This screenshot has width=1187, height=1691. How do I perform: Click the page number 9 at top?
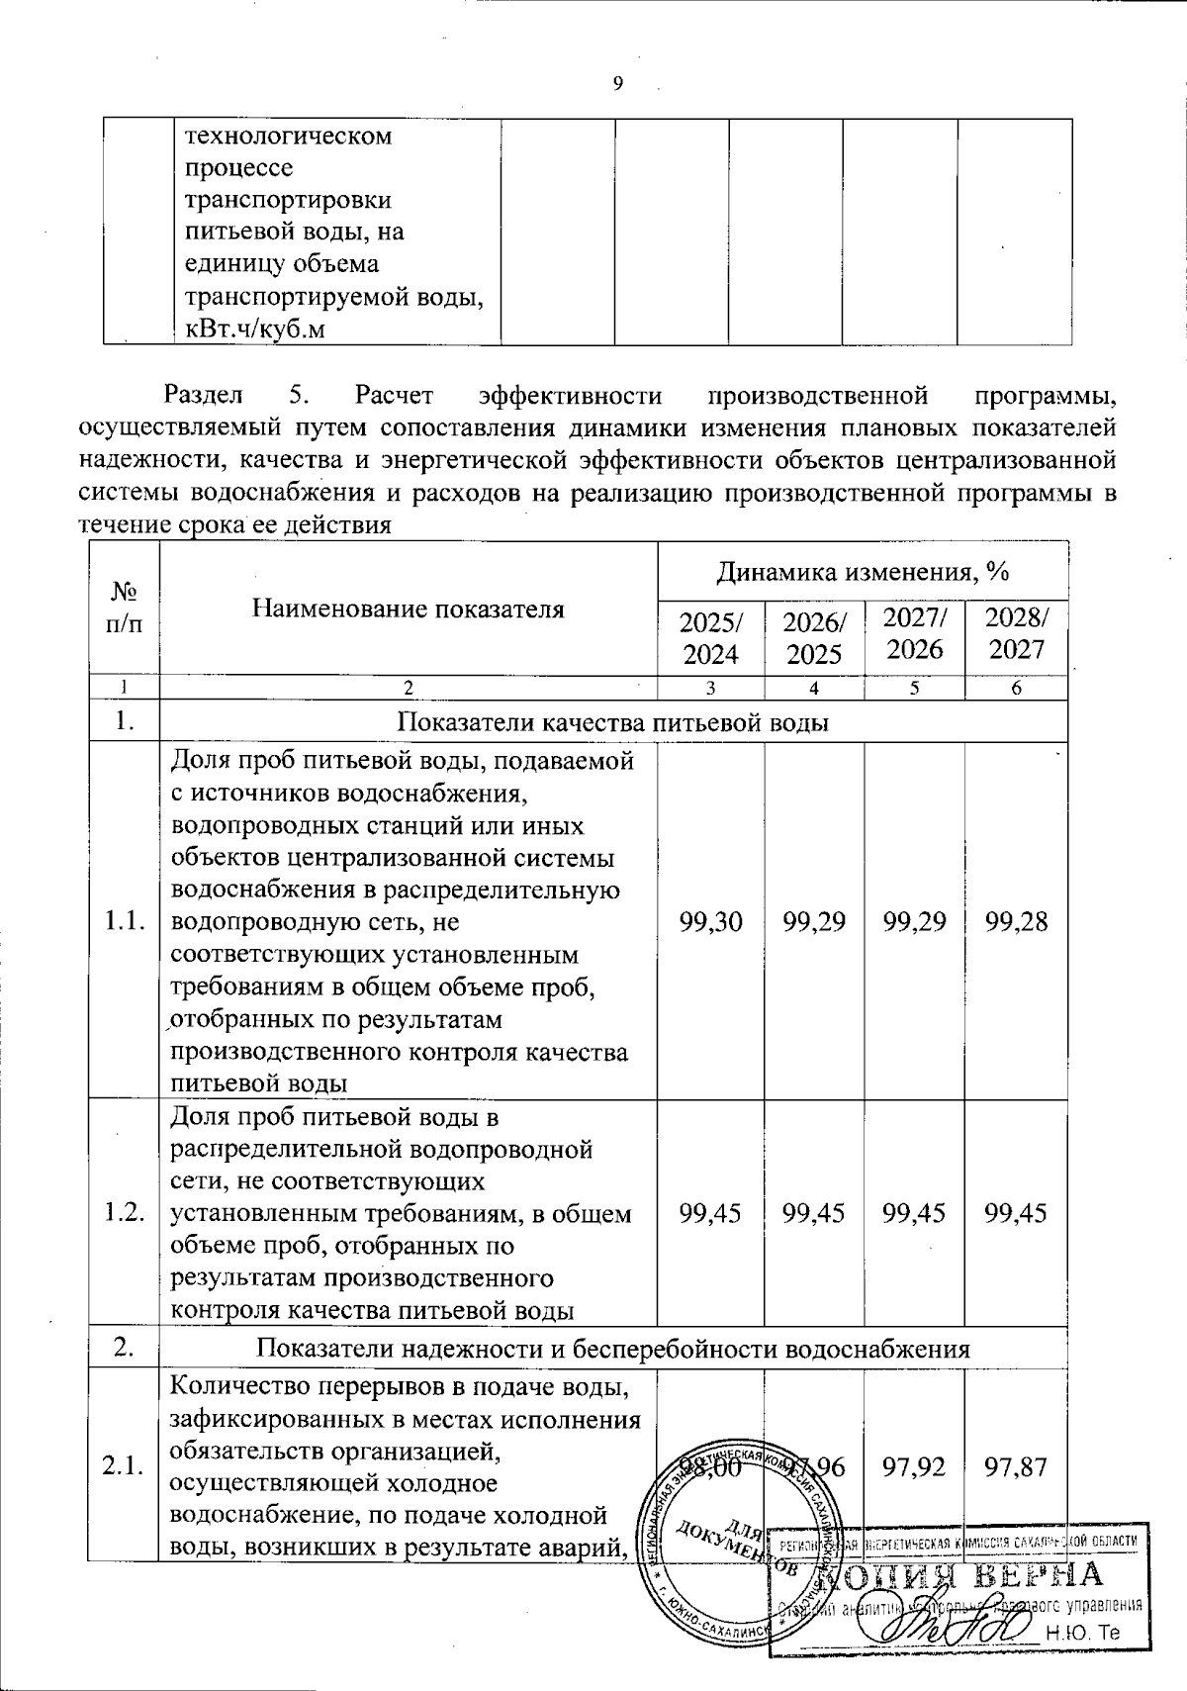(618, 84)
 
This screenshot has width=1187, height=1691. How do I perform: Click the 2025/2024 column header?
(711, 637)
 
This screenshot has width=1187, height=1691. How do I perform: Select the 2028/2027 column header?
(1016, 634)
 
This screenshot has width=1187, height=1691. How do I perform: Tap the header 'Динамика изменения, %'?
(862, 571)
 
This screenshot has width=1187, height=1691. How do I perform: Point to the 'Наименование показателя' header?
(408, 608)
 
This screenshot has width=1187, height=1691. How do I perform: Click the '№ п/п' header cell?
(124, 609)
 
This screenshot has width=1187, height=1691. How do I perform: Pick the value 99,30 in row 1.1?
(710, 921)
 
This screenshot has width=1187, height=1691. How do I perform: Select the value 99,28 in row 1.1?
(1016, 921)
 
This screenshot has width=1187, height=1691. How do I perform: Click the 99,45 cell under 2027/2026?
(914, 1213)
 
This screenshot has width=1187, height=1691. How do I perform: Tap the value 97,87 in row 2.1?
(1016, 1466)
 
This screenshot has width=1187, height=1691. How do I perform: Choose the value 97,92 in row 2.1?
(914, 1466)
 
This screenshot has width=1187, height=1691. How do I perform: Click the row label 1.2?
(124, 1213)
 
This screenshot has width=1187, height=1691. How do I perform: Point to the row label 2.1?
(124, 1466)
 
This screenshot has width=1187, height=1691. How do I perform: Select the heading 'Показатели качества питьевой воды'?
(612, 722)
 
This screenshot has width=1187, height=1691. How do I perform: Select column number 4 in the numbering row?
(813, 689)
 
